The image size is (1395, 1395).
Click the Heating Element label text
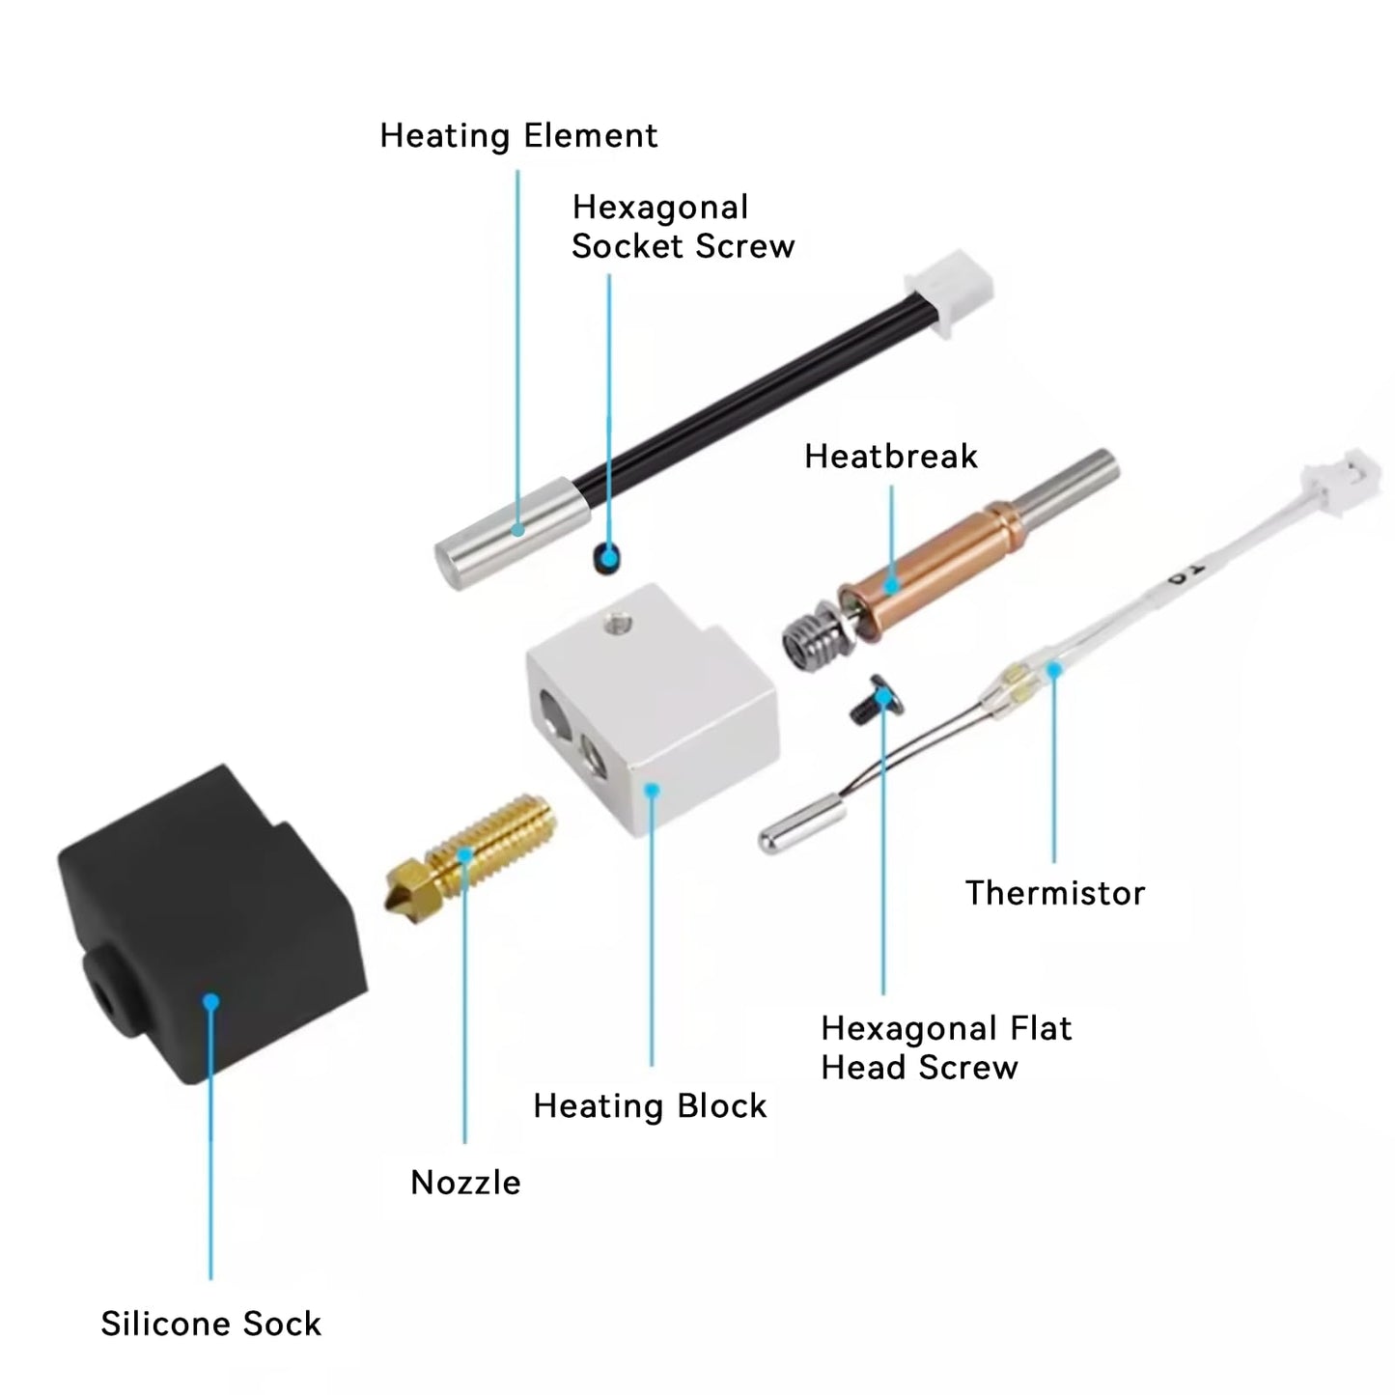point(518,136)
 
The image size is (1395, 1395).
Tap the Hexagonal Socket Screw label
point(682,227)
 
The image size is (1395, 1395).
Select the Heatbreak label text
point(890,457)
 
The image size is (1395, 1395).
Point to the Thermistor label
point(1054,893)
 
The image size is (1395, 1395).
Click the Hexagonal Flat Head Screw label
point(945,1048)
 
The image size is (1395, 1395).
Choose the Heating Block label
point(650,1106)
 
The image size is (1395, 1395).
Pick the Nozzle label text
point(465,1183)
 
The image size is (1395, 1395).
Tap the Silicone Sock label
point(210,1324)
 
